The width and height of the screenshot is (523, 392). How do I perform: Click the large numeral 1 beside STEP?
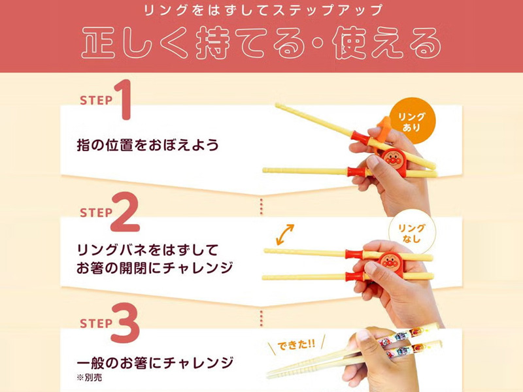(124, 99)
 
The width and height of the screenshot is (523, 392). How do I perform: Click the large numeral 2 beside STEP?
(125, 212)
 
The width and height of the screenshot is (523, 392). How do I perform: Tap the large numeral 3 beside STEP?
(125, 323)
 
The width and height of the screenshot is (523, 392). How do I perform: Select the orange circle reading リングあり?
(413, 121)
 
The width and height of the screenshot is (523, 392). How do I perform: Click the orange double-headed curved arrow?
(285, 235)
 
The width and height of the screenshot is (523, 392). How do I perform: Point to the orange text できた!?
(296, 345)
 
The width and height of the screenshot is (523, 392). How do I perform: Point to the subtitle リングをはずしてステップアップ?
(263, 10)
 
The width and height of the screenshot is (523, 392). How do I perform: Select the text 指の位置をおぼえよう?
(148, 145)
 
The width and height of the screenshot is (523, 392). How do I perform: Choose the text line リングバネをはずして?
(148, 250)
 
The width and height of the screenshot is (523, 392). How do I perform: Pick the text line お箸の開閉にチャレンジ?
(155, 268)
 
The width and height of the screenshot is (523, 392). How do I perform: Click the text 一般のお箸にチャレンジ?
(155, 363)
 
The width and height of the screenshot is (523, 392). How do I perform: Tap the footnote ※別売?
(90, 378)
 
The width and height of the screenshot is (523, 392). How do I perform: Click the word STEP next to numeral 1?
(96, 101)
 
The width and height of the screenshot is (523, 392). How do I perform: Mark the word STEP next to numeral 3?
(96, 323)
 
